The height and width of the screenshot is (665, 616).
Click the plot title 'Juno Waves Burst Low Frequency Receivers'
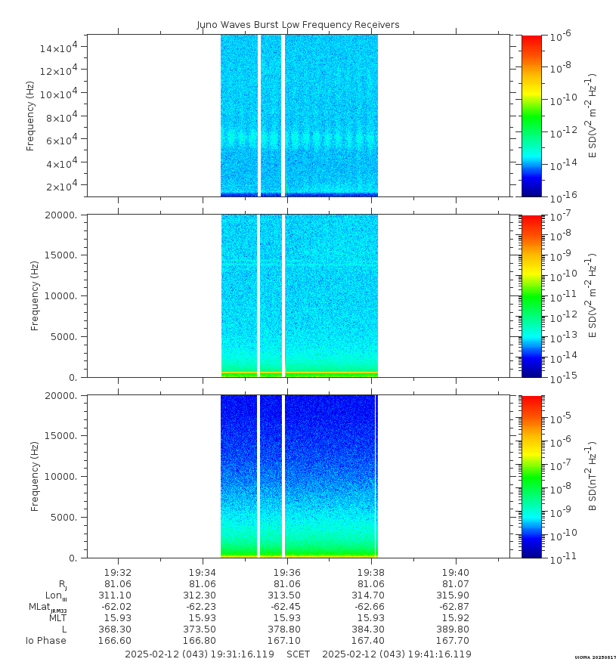(x=298, y=25)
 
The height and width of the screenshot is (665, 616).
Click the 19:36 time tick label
(x=287, y=572)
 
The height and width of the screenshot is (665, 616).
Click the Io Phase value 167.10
(x=287, y=640)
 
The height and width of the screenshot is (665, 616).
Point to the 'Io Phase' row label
(x=45, y=641)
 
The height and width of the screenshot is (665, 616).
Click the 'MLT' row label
(x=57, y=617)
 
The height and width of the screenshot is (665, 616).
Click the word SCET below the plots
(x=298, y=654)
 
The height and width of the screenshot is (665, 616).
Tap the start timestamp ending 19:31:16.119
(x=200, y=654)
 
